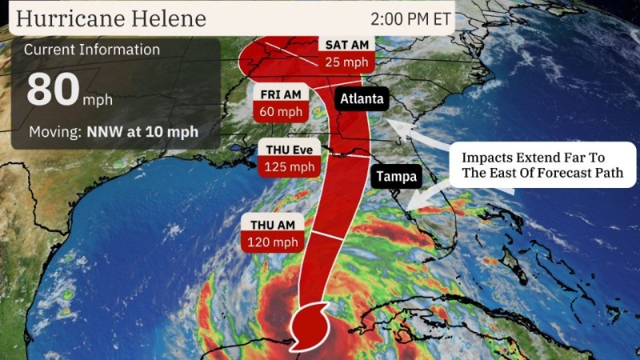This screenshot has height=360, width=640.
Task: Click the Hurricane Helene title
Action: [111, 18]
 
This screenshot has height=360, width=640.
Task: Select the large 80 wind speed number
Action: [52, 90]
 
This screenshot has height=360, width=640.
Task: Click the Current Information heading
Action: [91, 50]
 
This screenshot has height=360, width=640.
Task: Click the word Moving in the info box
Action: [53, 131]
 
